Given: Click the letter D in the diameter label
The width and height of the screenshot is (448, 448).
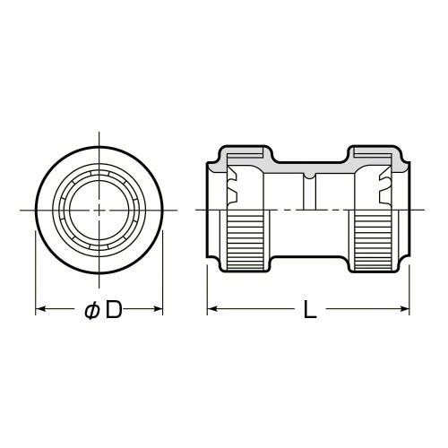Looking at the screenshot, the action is click(x=115, y=309).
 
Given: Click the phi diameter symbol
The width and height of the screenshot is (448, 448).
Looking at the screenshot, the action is click(x=91, y=310).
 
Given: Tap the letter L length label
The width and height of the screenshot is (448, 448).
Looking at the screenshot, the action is click(x=310, y=309).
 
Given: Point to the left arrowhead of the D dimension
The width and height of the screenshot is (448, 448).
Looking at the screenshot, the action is click(x=40, y=309).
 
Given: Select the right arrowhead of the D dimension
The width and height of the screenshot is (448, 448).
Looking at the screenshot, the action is click(x=158, y=309).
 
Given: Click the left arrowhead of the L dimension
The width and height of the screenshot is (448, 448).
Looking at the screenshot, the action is click(x=212, y=309).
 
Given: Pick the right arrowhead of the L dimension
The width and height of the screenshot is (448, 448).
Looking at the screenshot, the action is click(x=404, y=309).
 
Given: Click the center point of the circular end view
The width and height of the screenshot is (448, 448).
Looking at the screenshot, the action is click(x=99, y=211).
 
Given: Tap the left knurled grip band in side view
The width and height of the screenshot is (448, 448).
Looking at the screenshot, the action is click(x=246, y=240).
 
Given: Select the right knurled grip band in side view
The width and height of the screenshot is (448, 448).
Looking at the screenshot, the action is click(x=373, y=240).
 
